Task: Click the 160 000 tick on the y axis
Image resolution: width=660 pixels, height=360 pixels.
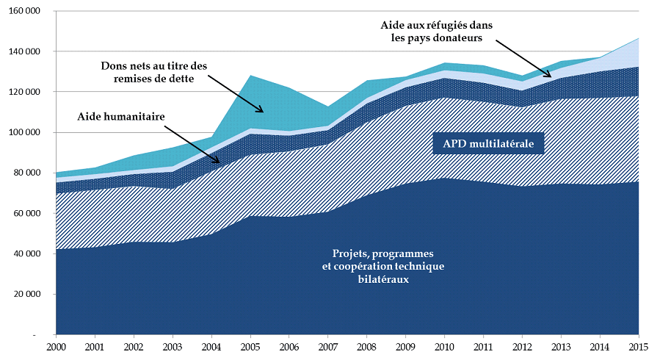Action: [x=24, y=11]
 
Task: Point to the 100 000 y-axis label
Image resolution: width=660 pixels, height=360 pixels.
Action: [x=24, y=132]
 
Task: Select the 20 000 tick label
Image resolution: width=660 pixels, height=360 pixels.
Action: [x=26, y=294]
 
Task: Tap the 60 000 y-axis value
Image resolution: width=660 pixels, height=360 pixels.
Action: [x=26, y=213]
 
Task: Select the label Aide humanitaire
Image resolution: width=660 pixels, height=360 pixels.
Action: [x=120, y=116]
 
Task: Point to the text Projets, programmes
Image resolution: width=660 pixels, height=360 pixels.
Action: [x=382, y=253]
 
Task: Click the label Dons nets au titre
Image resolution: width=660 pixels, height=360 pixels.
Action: [x=154, y=67]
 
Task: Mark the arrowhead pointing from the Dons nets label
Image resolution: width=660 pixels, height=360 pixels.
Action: [x=261, y=111]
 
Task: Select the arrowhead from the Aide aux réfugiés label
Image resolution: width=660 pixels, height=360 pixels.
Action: [x=549, y=75]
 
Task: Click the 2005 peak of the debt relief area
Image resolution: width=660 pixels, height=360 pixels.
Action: [x=250, y=76]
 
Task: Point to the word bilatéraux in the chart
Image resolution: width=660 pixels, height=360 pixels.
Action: [x=382, y=279]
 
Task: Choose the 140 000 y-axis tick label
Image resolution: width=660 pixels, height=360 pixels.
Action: [x=24, y=51]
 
